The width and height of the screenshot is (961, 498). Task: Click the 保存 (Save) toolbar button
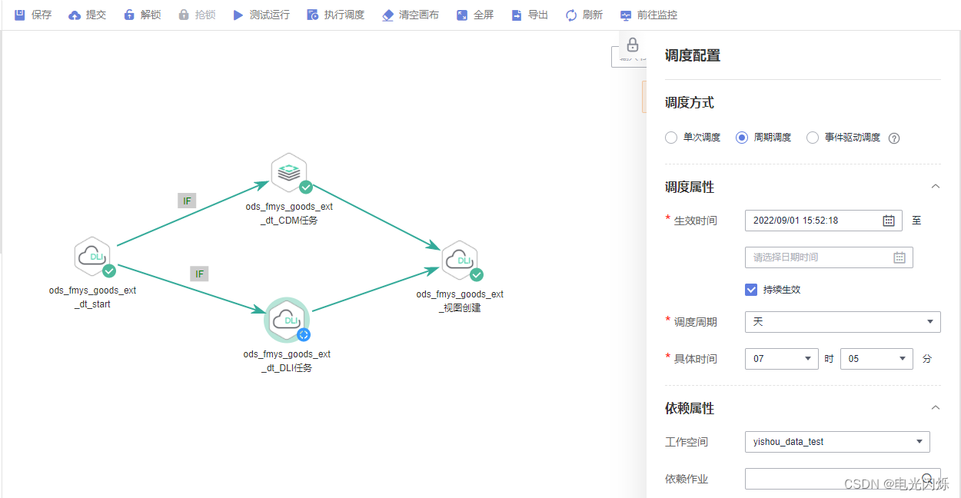click(33, 15)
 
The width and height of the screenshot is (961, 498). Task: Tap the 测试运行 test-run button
click(261, 15)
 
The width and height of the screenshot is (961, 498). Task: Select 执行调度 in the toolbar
click(335, 15)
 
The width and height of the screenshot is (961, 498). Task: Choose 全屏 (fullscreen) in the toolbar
click(475, 15)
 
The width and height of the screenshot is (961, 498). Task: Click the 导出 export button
click(530, 15)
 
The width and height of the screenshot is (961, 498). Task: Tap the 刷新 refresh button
click(584, 15)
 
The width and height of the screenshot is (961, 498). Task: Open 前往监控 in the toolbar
click(649, 15)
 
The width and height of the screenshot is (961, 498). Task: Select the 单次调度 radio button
click(671, 138)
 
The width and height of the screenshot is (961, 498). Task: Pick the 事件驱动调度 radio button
click(813, 138)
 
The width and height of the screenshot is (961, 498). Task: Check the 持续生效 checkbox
click(752, 290)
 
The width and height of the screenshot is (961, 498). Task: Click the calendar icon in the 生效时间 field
click(888, 221)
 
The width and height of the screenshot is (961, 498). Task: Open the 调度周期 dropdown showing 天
click(843, 322)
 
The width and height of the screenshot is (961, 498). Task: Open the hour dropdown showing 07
click(781, 359)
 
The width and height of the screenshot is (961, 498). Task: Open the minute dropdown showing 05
click(876, 359)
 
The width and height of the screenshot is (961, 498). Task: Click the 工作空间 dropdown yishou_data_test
click(837, 442)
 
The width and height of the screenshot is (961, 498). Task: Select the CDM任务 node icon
click(289, 172)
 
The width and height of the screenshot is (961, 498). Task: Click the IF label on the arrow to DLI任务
click(199, 274)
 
